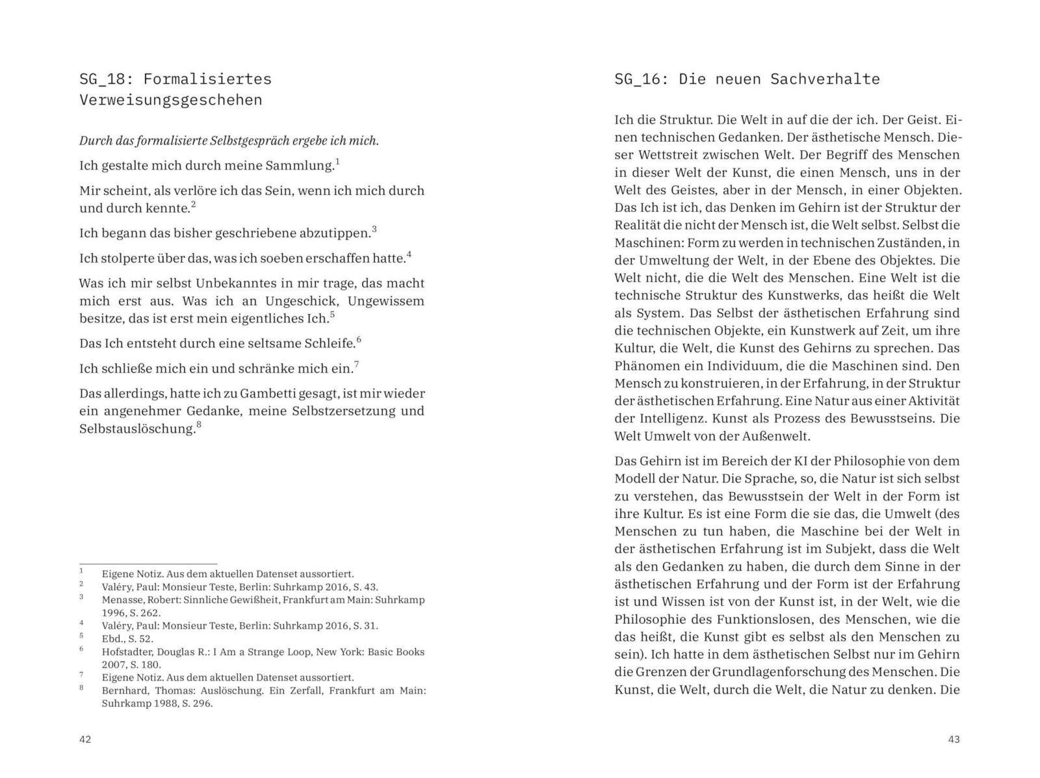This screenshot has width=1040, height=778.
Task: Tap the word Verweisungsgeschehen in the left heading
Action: pyautogui.click(x=170, y=100)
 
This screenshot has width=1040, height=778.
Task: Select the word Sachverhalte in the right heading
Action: pyautogui.click(x=825, y=79)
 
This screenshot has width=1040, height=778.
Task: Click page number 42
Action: pyautogui.click(x=85, y=739)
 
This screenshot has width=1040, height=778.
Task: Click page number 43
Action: pyautogui.click(x=954, y=739)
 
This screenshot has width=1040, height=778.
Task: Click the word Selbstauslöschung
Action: pyautogui.click(x=136, y=429)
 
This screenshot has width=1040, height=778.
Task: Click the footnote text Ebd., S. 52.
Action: pyautogui.click(x=127, y=638)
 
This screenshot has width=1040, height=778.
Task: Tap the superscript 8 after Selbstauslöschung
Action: pyautogui.click(x=199, y=425)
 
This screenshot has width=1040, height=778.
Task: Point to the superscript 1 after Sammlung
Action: pyautogui.click(x=337, y=161)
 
